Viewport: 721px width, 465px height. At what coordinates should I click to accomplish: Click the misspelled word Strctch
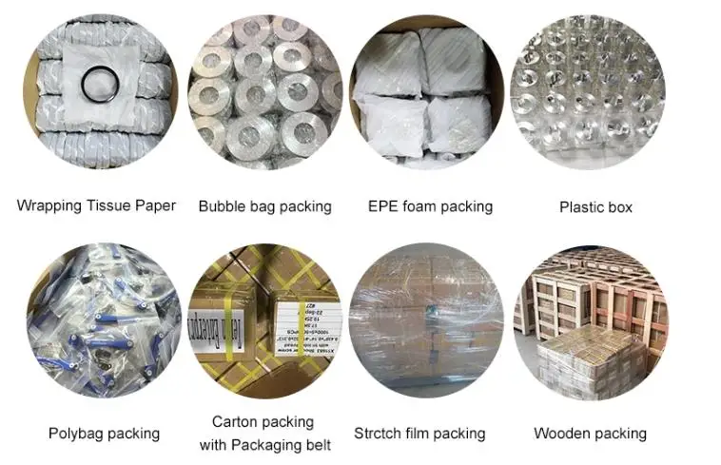[380, 434]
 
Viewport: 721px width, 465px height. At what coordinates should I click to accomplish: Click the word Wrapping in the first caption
[47, 205]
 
